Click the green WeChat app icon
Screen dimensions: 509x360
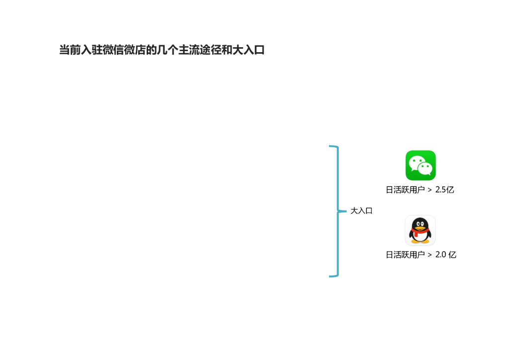click(x=421, y=165)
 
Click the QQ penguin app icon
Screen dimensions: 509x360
click(x=420, y=230)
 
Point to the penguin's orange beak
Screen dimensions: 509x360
click(x=420, y=227)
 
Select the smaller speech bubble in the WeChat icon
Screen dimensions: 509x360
click(x=425, y=169)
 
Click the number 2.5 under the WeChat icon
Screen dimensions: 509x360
click(x=440, y=190)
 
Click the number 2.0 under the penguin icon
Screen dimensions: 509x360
click(x=440, y=255)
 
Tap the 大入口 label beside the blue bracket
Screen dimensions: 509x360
click(x=361, y=211)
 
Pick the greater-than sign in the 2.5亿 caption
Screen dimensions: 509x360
click(x=429, y=190)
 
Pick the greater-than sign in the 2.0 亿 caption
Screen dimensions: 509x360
click(x=429, y=255)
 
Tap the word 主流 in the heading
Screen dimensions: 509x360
click(x=189, y=50)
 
